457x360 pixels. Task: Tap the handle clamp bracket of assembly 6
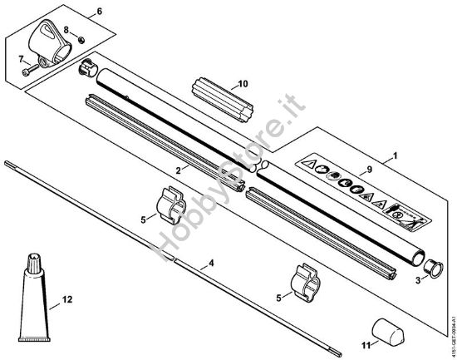pos(47,41)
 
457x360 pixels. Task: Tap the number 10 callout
pos(243,83)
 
